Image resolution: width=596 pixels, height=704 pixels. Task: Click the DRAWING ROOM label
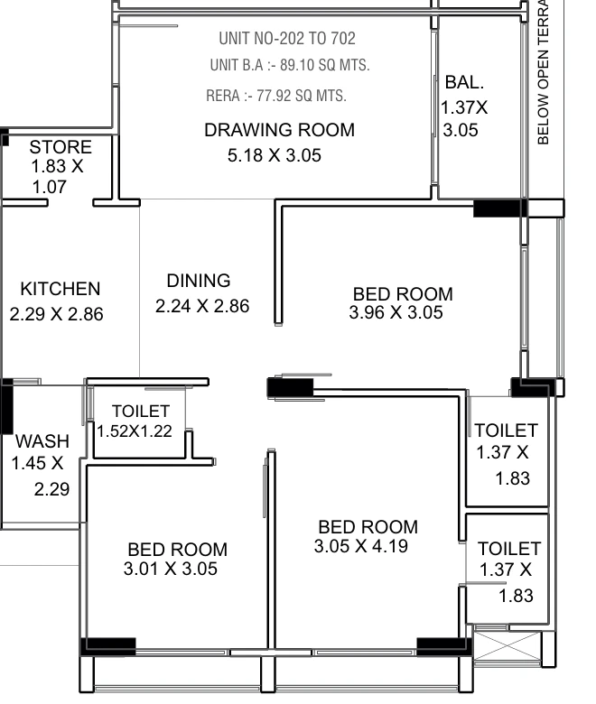(279, 130)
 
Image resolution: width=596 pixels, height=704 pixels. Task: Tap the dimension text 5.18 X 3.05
(275, 156)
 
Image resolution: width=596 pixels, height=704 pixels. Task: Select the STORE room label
(61, 147)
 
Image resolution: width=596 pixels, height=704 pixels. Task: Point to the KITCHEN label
(61, 289)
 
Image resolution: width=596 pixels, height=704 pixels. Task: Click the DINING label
(199, 281)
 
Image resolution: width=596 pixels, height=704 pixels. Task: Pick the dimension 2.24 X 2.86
(202, 306)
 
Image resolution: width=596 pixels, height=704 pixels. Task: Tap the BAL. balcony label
(464, 82)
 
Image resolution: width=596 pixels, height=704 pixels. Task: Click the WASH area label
(42, 441)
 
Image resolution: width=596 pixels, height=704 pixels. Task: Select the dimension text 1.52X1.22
(135, 431)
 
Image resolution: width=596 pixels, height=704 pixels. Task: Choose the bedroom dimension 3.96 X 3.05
(396, 312)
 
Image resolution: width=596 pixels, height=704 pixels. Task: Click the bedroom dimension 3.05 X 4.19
(361, 546)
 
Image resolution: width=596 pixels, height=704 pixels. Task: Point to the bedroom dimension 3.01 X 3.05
(171, 569)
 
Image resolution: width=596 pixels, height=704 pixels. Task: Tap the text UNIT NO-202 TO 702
(287, 39)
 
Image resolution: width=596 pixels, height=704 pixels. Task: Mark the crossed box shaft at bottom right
(508, 646)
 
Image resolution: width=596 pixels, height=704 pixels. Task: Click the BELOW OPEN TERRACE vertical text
(543, 72)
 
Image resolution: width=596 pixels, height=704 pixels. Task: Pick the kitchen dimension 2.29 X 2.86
(56, 314)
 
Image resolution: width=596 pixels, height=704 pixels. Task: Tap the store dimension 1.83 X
(57, 167)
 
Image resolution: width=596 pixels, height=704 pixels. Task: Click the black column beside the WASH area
(6, 406)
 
